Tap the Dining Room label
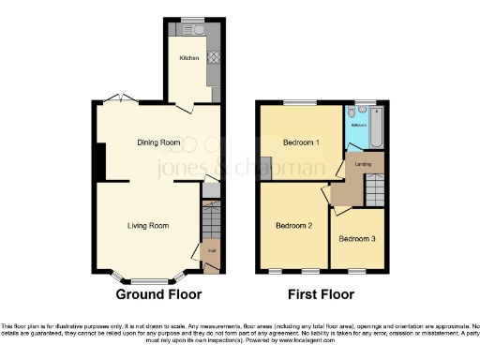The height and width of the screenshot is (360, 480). click(157, 142)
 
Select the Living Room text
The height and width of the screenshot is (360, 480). click(148, 225)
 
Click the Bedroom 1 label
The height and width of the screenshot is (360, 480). click(300, 142)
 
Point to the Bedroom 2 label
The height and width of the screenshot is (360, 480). click(293, 225)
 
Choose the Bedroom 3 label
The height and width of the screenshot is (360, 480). click(357, 239)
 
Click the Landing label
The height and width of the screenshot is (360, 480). click(363, 165)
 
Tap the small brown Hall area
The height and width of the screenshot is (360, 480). click(211, 251)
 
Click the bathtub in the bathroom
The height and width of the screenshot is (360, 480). click(377, 128)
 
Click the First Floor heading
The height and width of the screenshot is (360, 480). click(321, 294)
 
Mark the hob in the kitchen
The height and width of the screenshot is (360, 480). click(212, 57)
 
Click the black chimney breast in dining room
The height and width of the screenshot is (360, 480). click(98, 159)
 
